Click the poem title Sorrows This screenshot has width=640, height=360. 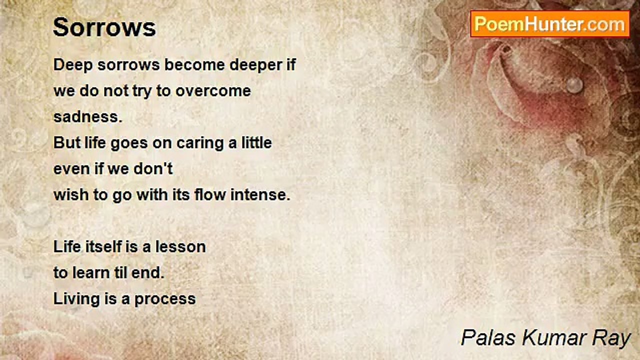[x=104, y=27]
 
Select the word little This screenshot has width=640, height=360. [x=255, y=143]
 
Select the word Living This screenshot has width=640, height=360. [x=76, y=299]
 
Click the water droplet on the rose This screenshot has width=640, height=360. [x=574, y=85]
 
